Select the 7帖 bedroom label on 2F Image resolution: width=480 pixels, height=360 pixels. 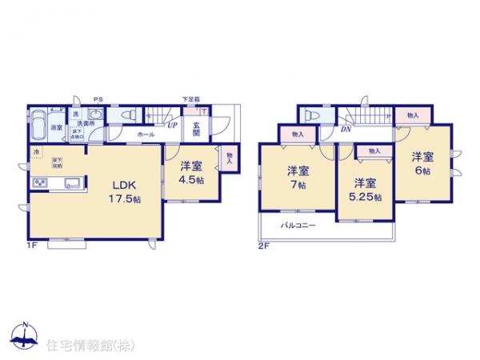pos(298,177)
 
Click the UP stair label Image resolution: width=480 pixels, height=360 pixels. pos(172,126)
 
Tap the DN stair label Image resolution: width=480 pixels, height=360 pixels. pos(346,128)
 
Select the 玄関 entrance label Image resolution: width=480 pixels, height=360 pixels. pos(195,128)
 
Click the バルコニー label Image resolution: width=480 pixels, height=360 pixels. pos(298,226)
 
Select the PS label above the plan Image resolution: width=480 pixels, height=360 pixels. pos(98,99)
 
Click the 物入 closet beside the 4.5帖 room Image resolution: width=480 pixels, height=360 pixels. pos(230,158)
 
